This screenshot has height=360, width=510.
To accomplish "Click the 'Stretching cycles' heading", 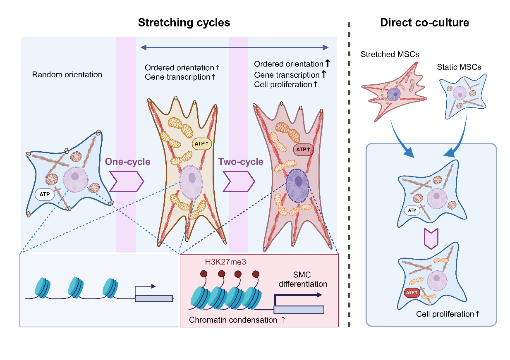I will (184, 23).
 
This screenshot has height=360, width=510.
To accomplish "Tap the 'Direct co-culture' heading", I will (424, 23).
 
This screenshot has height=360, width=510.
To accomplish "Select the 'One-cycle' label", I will (127, 162).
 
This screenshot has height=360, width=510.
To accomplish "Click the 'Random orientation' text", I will (67, 75).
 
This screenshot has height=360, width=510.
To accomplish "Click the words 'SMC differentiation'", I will (303, 279).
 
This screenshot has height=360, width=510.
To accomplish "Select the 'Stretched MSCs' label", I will (390, 54).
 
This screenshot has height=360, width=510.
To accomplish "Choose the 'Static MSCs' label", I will (459, 67).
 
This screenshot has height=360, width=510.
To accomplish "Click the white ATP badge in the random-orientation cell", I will (45, 193).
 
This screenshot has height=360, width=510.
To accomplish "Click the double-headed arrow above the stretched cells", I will (235, 48).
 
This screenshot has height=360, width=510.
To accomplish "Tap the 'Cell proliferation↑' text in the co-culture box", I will (448, 314).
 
